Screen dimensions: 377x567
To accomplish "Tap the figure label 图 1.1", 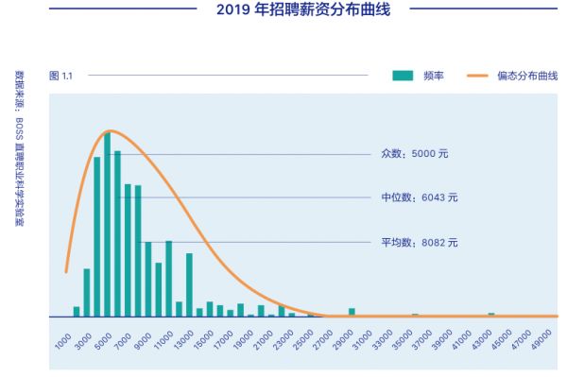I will tap(60, 75).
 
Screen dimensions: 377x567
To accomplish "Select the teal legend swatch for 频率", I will tap(404, 75).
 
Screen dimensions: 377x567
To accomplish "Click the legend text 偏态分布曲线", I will tap(527, 75).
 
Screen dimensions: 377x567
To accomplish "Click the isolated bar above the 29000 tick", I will tap(352, 312).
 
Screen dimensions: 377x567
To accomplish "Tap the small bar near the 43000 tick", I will tap(491, 314).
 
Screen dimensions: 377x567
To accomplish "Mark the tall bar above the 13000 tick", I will tap(189, 284).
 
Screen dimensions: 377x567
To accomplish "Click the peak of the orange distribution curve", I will tap(111, 130).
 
